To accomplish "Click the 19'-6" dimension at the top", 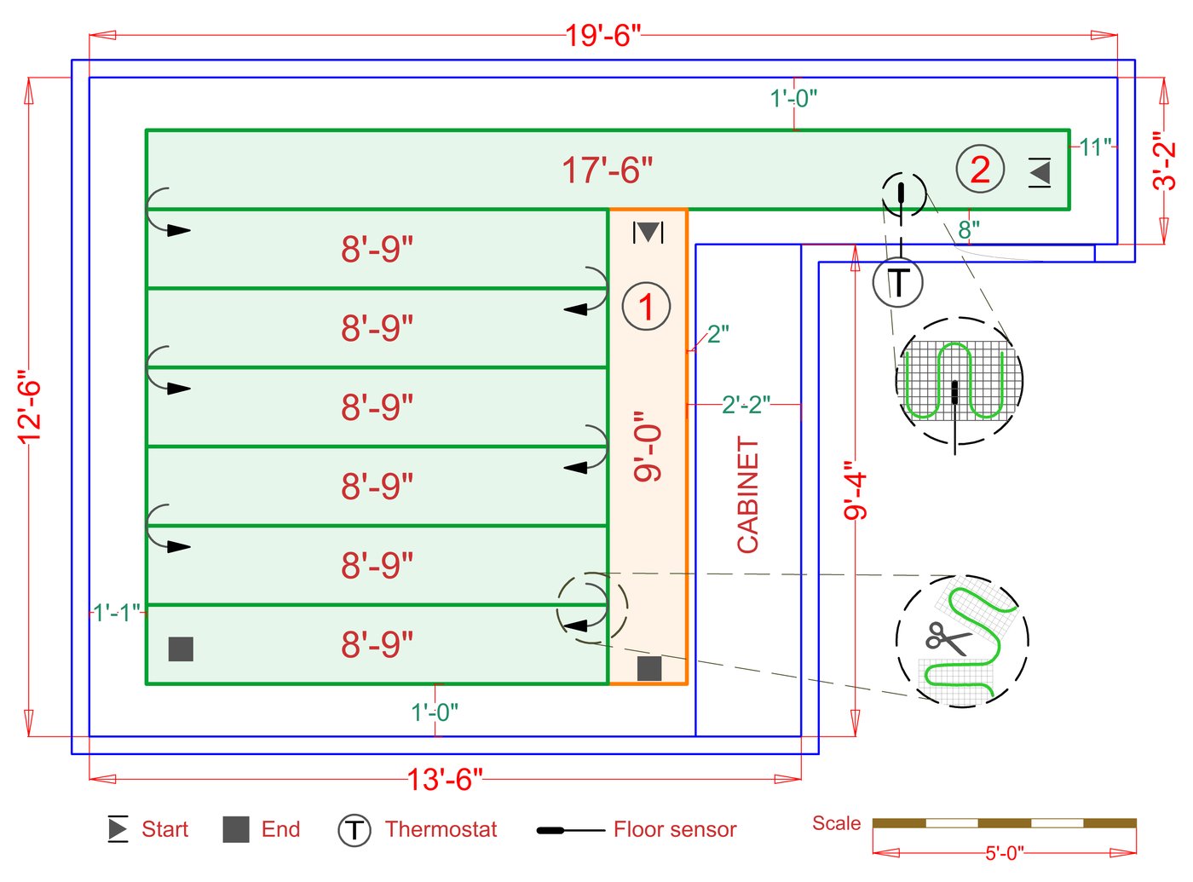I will [x=602, y=36].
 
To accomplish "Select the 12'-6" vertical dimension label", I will [x=30, y=406].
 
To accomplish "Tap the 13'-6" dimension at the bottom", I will [x=444, y=779].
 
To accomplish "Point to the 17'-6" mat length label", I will [x=607, y=170].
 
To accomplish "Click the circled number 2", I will [x=980, y=170].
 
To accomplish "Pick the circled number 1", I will [x=646, y=307].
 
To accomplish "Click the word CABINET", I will [x=747, y=494].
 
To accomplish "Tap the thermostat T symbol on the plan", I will [x=898, y=282].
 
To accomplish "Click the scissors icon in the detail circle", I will [x=947, y=637].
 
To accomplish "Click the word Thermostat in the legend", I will [x=441, y=829].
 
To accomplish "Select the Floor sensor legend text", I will [x=674, y=829].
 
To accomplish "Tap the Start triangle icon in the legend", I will [x=118, y=829].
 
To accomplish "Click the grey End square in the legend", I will [x=235, y=829].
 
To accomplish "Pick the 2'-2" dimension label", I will [x=746, y=404].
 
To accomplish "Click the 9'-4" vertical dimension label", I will [x=855, y=491].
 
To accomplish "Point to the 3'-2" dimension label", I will [x=1163, y=161].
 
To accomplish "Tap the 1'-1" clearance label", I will [x=117, y=613].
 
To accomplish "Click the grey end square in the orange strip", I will [x=649, y=668].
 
